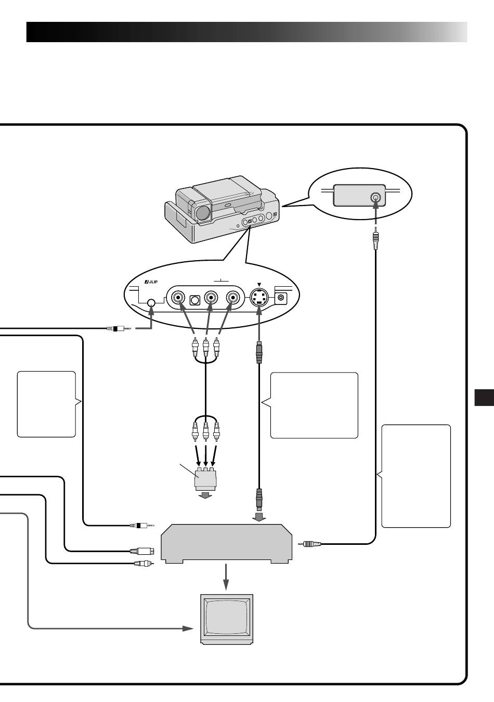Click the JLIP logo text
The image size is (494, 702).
point(151,282)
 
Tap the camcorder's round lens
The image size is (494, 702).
point(203,213)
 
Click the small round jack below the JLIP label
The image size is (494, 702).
point(151,303)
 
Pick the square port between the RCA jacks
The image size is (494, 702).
point(195,300)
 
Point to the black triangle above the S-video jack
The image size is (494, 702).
point(259,284)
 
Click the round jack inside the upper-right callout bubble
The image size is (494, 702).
point(376,198)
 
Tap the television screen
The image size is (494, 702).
point(227,617)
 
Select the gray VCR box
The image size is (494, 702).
point(227,543)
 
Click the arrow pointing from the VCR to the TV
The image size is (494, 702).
point(226,577)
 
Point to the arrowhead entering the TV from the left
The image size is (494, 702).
point(188,628)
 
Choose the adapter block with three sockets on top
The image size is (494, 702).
point(205,478)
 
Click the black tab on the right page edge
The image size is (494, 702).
point(484,398)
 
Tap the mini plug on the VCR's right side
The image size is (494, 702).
point(309,544)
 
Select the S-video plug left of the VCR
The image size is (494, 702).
point(142,551)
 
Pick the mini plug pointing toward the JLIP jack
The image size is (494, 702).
point(119,328)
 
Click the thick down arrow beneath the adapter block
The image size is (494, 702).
point(206,495)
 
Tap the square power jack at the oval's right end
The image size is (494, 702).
point(281,298)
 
